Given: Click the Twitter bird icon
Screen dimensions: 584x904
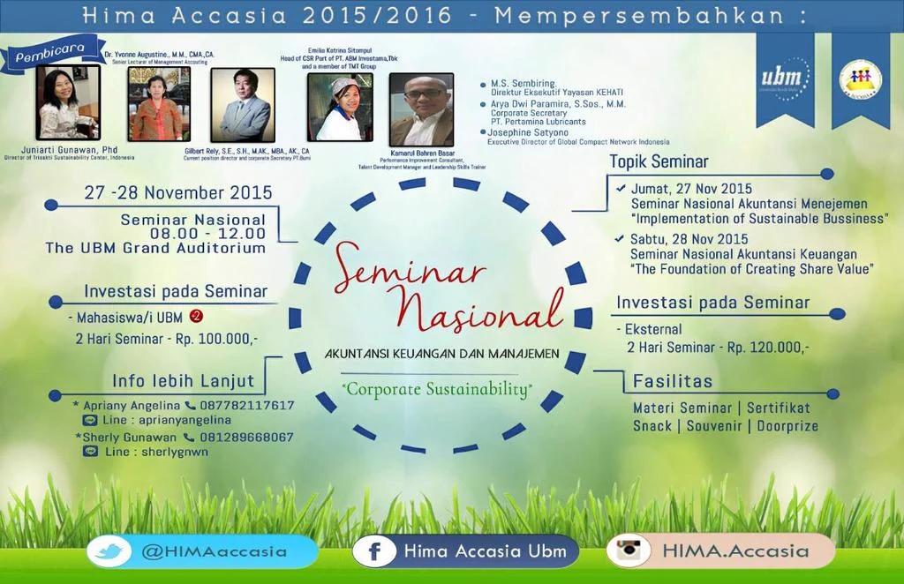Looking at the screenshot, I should tap(109, 551).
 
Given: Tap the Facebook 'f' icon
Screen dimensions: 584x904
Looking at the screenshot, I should tap(374, 551).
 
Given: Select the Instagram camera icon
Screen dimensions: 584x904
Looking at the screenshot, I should tap(629, 550).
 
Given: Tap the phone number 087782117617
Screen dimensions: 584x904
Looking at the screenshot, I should tap(246, 406).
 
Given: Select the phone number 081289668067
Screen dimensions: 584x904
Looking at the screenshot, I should tap(246, 437).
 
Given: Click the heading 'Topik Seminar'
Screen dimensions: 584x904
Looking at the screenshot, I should tap(659, 161).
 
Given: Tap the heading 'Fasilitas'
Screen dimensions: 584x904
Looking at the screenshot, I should tap(672, 382).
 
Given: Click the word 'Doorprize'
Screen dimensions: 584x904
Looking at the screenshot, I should tap(787, 426).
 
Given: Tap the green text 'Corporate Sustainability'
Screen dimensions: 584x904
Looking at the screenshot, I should tap(438, 388).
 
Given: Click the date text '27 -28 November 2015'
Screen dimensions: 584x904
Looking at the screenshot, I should tap(178, 192).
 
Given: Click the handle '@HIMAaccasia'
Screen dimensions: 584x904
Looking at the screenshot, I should tap(214, 551).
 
